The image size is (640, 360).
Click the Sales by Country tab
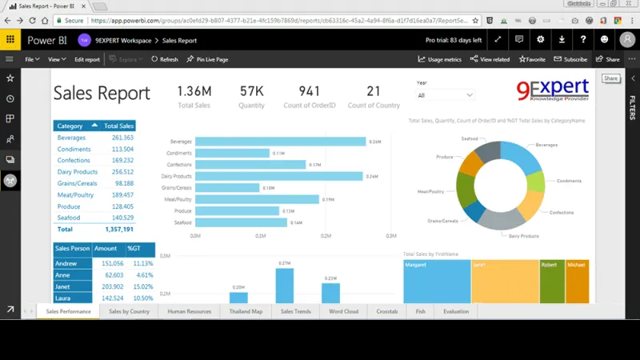pos(129,311)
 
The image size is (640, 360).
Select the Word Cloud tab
pos(343,311)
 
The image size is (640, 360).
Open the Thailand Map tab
pos(245,311)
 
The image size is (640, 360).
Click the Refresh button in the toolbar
pos(165,59)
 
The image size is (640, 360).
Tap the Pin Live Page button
pos(207,59)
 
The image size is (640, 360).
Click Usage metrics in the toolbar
pos(439,59)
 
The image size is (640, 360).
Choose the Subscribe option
pos(570,59)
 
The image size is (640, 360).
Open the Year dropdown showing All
pos(446,95)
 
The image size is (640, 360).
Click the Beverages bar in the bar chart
pos(281,142)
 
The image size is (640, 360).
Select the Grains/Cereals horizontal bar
pos(227,187)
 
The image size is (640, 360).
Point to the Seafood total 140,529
pos(122,218)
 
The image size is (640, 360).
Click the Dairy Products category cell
pos(78,172)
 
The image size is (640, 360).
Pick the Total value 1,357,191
pos(119,229)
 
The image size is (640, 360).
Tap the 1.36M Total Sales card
pos(194,91)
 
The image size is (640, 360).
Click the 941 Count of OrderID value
pos(309,91)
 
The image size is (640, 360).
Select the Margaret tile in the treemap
pos(437,282)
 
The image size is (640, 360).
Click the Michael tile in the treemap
pos(577,282)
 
